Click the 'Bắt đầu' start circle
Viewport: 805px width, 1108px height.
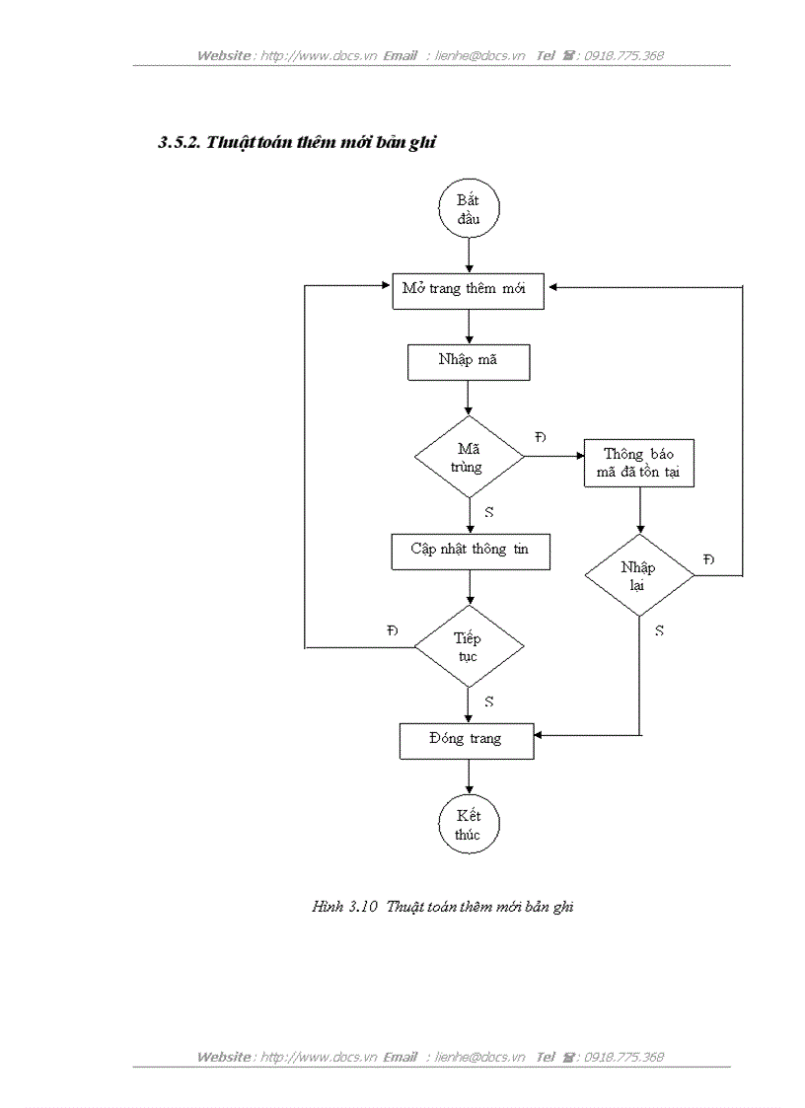(469, 211)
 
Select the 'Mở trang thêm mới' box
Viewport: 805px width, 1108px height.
(469, 290)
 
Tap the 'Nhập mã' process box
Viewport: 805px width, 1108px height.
(469, 361)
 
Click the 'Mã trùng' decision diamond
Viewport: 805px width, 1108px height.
(469, 457)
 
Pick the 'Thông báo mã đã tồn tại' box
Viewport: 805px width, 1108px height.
(638, 464)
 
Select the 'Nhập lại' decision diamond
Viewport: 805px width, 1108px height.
(638, 576)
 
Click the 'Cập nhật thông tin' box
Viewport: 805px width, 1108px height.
(470, 551)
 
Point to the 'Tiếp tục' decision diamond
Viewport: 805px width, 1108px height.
(469, 647)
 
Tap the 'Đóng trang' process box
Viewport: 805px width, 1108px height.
(466, 739)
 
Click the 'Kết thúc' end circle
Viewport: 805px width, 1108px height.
(469, 825)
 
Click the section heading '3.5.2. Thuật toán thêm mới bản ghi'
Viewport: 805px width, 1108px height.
(297, 143)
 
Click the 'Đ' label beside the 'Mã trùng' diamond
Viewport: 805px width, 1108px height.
(540, 437)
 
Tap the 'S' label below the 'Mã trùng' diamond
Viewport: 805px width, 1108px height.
(489, 513)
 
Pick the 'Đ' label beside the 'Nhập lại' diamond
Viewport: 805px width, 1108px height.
(708, 559)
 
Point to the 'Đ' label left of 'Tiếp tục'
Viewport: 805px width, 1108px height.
(393, 630)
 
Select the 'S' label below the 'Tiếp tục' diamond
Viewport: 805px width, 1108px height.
(489, 702)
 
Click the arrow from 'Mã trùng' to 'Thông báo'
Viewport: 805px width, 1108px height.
(553, 456)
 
